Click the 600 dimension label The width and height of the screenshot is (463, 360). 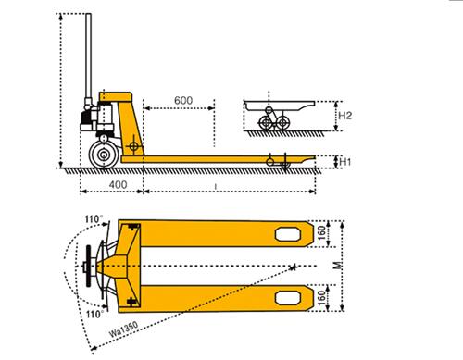point(183,100)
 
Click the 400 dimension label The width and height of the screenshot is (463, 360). point(118,184)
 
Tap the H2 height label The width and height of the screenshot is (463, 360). point(345,116)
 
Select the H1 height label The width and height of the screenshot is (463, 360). point(345,162)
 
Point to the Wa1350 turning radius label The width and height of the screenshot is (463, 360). point(123,329)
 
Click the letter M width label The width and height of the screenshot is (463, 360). point(339,266)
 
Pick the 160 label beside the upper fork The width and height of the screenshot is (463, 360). point(321,233)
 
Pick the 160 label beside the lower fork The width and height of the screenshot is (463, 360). point(321,298)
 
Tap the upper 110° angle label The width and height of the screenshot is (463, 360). point(94,219)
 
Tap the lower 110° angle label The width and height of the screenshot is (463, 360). point(94,315)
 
